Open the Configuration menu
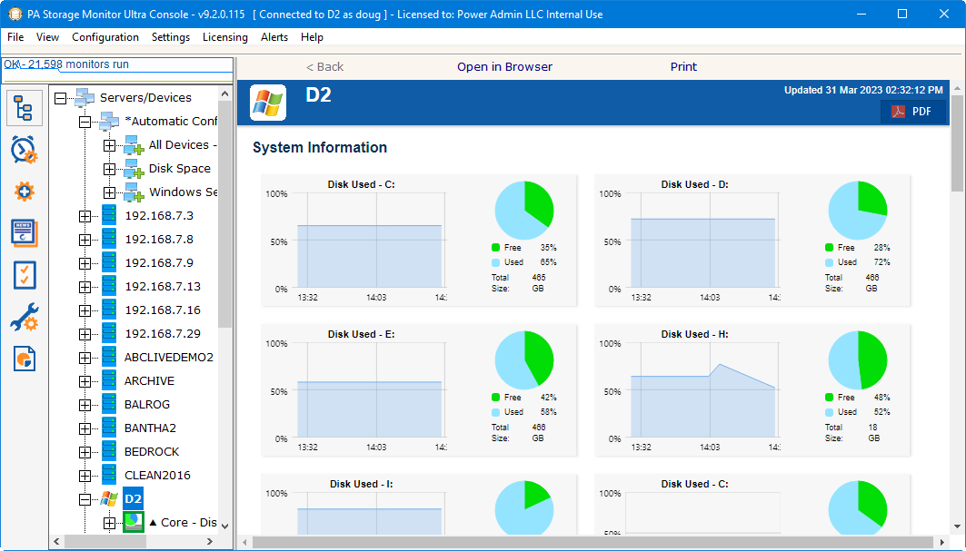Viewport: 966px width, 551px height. pyautogui.click(x=105, y=37)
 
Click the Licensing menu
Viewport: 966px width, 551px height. pyautogui.click(x=224, y=37)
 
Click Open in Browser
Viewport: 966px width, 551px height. pyautogui.click(x=504, y=66)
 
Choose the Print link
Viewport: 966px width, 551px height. pyautogui.click(x=683, y=66)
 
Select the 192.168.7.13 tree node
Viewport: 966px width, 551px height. pyautogui.click(x=162, y=286)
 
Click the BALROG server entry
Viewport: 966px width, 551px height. pyautogui.click(x=147, y=404)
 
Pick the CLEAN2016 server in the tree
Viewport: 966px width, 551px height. pyautogui.click(x=157, y=475)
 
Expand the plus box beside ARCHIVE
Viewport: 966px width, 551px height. pyautogui.click(x=85, y=381)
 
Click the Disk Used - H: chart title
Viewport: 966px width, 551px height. pyautogui.click(x=694, y=334)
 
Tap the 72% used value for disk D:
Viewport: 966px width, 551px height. pyautogui.click(x=881, y=262)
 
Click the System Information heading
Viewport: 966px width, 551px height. pyautogui.click(x=320, y=147)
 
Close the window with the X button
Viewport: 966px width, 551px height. pyautogui.click(x=944, y=14)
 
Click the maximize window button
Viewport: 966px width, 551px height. pyautogui.click(x=902, y=14)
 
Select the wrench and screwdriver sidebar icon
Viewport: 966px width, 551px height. pyautogui.click(x=24, y=317)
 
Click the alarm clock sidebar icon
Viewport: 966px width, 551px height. pyautogui.click(x=24, y=150)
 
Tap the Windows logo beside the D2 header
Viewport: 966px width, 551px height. pyautogui.click(x=268, y=103)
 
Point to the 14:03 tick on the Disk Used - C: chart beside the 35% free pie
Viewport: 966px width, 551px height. pyautogui.click(x=376, y=297)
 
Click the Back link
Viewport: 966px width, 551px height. pyautogui.click(x=324, y=66)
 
